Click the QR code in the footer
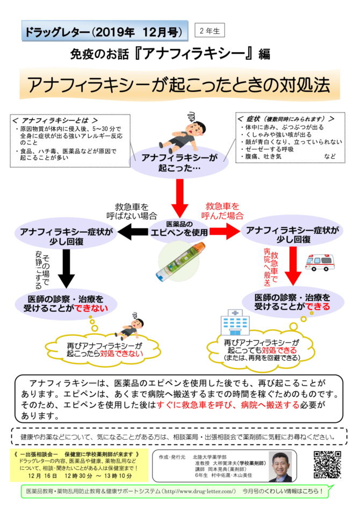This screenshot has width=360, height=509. click(327, 464)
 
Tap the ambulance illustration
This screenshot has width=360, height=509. click(319, 262)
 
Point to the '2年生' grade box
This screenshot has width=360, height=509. click(210, 31)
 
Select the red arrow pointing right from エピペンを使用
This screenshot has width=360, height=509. click(225, 232)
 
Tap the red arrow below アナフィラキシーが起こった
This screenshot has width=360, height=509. click(179, 198)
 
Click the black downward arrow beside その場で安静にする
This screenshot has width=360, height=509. click(67, 268)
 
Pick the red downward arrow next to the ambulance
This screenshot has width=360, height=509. click(293, 266)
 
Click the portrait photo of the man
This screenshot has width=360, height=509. click(280, 467)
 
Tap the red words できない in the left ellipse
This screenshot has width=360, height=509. click(91, 308)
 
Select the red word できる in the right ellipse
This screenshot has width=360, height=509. click(318, 306)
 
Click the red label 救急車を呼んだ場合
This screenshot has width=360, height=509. click(222, 211)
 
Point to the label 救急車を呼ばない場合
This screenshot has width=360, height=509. click(132, 211)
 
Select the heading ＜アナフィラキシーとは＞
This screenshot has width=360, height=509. click(55, 120)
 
